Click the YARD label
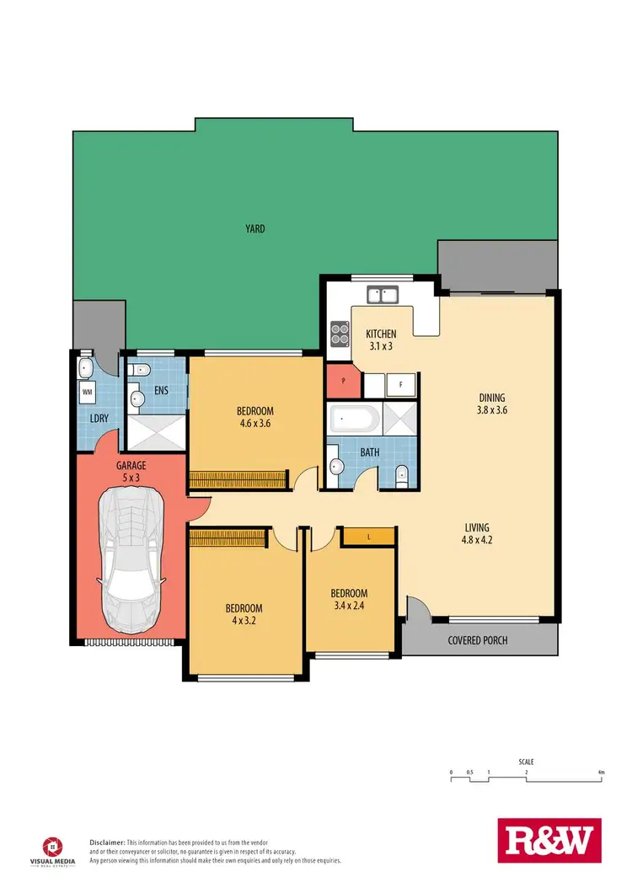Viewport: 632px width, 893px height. (x=254, y=227)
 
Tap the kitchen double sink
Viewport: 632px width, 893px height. (x=383, y=294)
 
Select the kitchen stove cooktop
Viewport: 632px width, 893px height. (x=340, y=334)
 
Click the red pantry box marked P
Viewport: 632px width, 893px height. (x=342, y=381)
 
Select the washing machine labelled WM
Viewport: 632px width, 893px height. (x=88, y=392)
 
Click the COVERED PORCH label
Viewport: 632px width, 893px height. (x=477, y=640)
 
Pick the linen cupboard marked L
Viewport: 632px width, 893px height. (x=368, y=537)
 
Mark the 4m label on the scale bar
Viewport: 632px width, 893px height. (x=601, y=772)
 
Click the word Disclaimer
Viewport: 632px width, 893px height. (x=107, y=842)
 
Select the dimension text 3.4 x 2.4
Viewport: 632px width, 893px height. (x=348, y=604)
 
